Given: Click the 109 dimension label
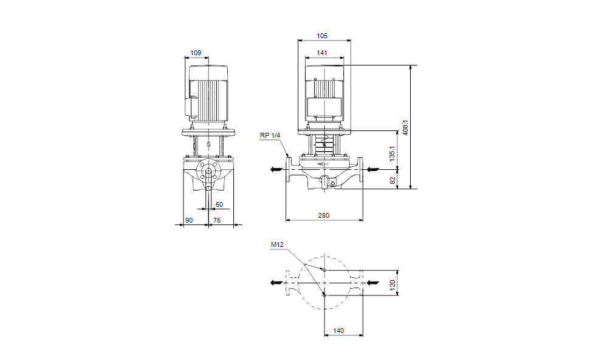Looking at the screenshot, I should click(196, 53).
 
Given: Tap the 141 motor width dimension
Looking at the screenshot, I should click(322, 53).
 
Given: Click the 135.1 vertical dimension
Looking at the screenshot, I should click(392, 152).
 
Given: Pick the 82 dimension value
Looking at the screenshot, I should click(392, 180).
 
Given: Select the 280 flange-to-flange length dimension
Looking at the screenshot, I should click(323, 215).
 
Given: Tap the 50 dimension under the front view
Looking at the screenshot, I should click(219, 205).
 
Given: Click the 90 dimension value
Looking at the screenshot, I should click(189, 221).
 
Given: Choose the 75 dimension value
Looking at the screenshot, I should click(217, 221).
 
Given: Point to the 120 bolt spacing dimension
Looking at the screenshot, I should click(392, 283).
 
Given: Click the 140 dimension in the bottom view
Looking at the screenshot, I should click(339, 331).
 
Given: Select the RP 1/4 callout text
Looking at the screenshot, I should click(270, 136).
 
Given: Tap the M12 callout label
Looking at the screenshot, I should click(277, 245).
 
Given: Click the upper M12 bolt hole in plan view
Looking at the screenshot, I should click(324, 269).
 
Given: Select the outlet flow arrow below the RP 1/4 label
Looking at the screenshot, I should click(277, 170).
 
